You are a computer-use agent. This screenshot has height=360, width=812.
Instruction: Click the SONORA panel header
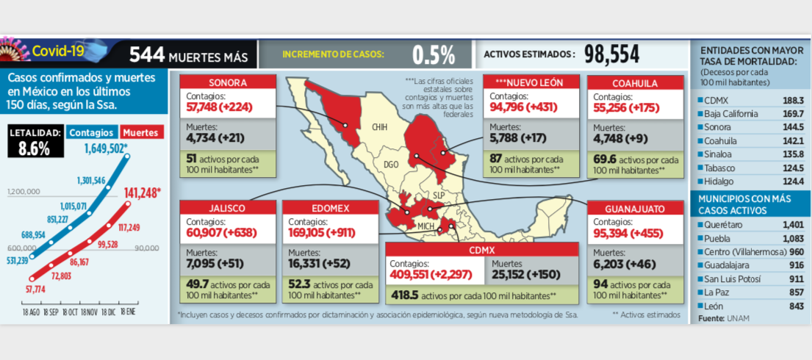[228, 82]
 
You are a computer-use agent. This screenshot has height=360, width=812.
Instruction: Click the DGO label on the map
[392, 165]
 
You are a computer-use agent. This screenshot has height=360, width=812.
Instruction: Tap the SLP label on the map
[439, 195]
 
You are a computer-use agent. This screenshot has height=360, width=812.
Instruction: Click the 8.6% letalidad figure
[35, 148]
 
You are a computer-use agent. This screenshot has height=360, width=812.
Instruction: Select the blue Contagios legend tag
[90, 132]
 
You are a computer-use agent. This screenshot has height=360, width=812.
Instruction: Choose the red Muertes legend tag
[141, 132]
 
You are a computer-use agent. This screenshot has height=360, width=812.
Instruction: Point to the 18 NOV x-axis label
[90, 313]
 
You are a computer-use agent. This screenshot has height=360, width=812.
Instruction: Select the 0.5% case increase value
[434, 54]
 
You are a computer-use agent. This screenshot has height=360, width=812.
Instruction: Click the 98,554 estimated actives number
[612, 54]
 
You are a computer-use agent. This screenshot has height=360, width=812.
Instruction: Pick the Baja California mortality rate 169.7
[794, 114]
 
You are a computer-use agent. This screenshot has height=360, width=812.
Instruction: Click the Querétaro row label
[722, 226]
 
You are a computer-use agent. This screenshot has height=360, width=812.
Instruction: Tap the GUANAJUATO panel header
[635, 208]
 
